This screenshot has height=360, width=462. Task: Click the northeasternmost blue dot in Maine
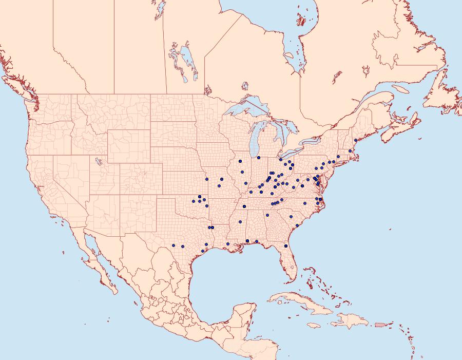355,140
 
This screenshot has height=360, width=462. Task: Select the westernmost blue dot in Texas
174,245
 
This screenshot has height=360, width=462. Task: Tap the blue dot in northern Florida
286,246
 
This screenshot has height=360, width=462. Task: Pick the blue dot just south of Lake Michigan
259,157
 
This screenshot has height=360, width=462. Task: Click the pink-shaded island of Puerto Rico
380,325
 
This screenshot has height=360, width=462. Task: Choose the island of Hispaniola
350,321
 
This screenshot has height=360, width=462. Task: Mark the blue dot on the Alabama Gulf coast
247,241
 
